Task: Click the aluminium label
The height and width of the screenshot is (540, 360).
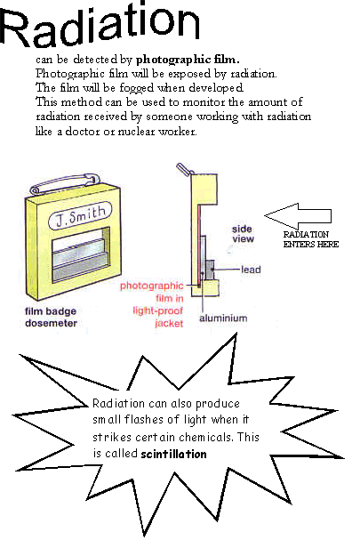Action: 223,318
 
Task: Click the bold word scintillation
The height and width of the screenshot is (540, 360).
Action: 173,454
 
